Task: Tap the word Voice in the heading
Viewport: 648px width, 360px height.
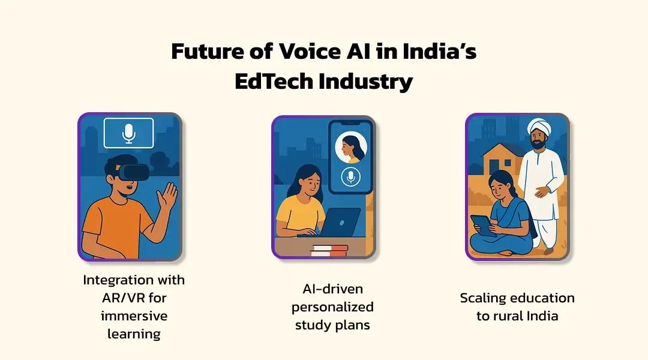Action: point(293,52)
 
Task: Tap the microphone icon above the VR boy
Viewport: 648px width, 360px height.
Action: point(128,133)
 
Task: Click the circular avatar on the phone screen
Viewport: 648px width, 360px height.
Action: point(350,148)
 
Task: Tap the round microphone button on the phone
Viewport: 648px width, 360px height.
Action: point(350,176)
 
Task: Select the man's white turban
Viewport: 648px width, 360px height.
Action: point(539,127)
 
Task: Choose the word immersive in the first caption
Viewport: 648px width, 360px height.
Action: point(134,316)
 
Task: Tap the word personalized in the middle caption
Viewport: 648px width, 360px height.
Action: point(332,307)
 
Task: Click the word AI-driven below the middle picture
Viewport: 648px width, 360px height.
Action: point(332,289)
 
